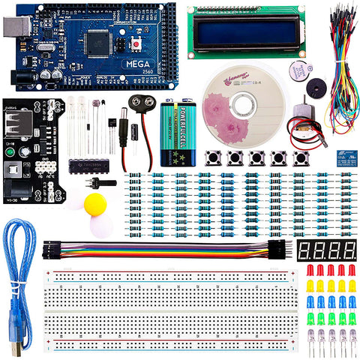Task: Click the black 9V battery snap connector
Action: [x=142, y=102]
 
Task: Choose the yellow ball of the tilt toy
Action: [x=95, y=204]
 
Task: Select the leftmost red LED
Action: [x=309, y=270]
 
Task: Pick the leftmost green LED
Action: [x=310, y=318]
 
